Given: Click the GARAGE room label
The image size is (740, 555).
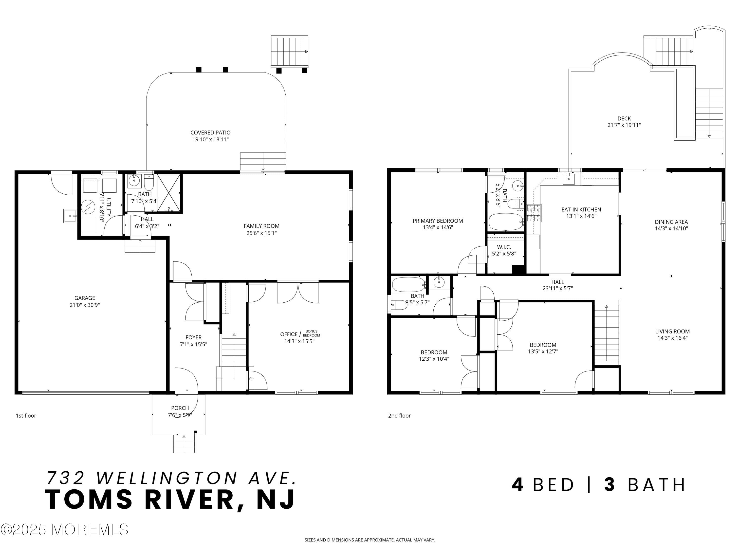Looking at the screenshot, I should pyautogui.click(x=85, y=298).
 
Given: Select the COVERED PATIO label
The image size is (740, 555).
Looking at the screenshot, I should pyautogui.click(x=210, y=132).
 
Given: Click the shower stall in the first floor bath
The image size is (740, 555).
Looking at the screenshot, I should pyautogui.click(x=169, y=193).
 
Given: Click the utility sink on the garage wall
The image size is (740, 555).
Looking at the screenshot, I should pyautogui.click(x=70, y=216).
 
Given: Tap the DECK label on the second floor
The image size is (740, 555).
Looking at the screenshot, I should pyautogui.click(x=624, y=118).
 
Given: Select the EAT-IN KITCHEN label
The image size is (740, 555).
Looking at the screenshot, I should pyautogui.click(x=581, y=209).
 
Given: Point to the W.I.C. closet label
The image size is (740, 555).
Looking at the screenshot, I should pyautogui.click(x=504, y=247).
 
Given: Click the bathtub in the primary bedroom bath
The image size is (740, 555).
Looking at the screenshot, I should pyautogui.click(x=505, y=222).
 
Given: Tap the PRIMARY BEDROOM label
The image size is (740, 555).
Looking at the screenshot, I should pyautogui.click(x=438, y=221).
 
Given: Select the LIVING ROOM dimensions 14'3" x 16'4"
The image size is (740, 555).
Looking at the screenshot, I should pyautogui.click(x=672, y=338).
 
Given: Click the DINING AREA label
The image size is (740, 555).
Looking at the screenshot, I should pyautogui.click(x=671, y=222).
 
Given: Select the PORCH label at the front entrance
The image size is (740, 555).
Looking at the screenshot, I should pyautogui.click(x=180, y=408).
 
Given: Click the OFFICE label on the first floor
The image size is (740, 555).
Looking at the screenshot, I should pyautogui.click(x=289, y=334).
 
